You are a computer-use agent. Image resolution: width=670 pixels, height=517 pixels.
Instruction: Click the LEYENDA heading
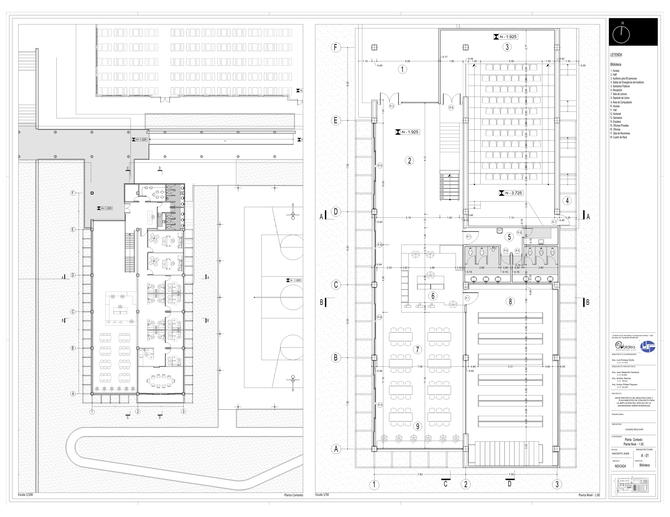(x=616, y=55)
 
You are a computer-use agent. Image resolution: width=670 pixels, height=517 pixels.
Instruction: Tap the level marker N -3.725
(x=511, y=193)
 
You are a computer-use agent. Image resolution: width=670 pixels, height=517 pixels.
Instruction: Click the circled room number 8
(x=510, y=302)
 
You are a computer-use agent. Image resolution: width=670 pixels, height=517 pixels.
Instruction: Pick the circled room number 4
(x=567, y=201)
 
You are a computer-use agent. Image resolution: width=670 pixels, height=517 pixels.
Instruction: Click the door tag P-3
(x=392, y=106)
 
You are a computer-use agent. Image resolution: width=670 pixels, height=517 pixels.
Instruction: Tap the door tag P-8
(x=451, y=108)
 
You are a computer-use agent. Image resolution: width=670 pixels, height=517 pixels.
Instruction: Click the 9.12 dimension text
(x=425, y=159)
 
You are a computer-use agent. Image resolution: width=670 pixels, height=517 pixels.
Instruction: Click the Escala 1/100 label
(x=26, y=495)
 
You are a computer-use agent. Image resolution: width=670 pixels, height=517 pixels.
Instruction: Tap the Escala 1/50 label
(x=322, y=495)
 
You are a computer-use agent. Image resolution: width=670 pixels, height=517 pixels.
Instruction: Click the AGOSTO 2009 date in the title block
(x=620, y=454)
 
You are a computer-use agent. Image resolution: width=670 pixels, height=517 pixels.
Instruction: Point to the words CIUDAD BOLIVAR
(x=634, y=429)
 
